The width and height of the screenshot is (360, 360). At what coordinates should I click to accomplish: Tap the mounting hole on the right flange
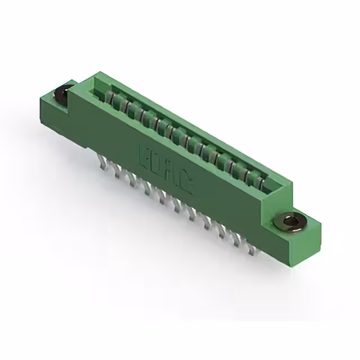click(x=291, y=222)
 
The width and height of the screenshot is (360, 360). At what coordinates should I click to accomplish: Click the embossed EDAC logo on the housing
click(x=165, y=168)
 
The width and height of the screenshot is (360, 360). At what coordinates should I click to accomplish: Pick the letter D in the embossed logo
click(x=158, y=164)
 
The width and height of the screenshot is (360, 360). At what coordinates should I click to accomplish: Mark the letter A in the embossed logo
click(x=172, y=173)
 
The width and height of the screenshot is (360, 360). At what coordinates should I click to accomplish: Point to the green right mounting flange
click(x=298, y=236)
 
